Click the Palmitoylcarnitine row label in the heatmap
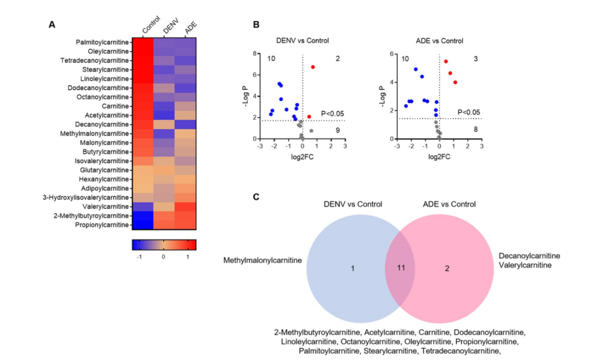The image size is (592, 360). coord(103,42)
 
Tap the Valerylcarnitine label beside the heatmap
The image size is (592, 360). coord(106,207)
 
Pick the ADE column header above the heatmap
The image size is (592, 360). coord(190,30)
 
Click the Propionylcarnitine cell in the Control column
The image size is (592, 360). coord(142,225)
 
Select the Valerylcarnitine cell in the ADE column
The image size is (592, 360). coord(185,207)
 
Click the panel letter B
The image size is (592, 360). coord(256,25)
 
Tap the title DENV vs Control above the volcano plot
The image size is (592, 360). coord(303,41)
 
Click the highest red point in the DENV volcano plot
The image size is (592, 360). coord(313,67)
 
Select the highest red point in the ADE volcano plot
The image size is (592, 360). coord(446,61)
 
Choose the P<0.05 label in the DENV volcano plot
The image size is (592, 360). coord(332,113)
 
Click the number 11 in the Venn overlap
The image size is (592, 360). coord(401,268)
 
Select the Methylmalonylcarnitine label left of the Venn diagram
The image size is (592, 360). coord(263,260)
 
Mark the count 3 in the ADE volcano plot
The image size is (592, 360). coord(475,59)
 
